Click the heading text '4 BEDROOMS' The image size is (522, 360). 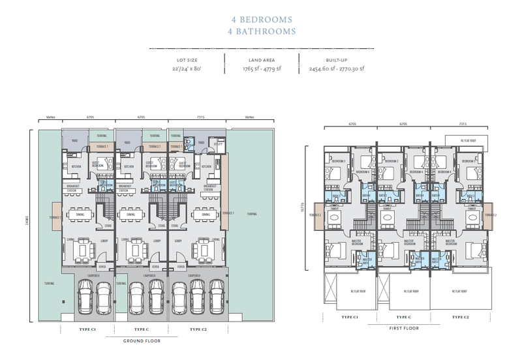pyautogui.click(x=260, y=20)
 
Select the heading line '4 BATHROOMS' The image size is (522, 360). pyautogui.click(x=260, y=31)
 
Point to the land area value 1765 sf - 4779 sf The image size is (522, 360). pyautogui.click(x=262, y=68)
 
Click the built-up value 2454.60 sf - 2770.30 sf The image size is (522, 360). pyautogui.click(x=337, y=68)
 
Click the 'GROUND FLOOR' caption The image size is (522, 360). pyautogui.click(x=142, y=340)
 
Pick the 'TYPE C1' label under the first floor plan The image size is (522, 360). pyautogui.click(x=349, y=317)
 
